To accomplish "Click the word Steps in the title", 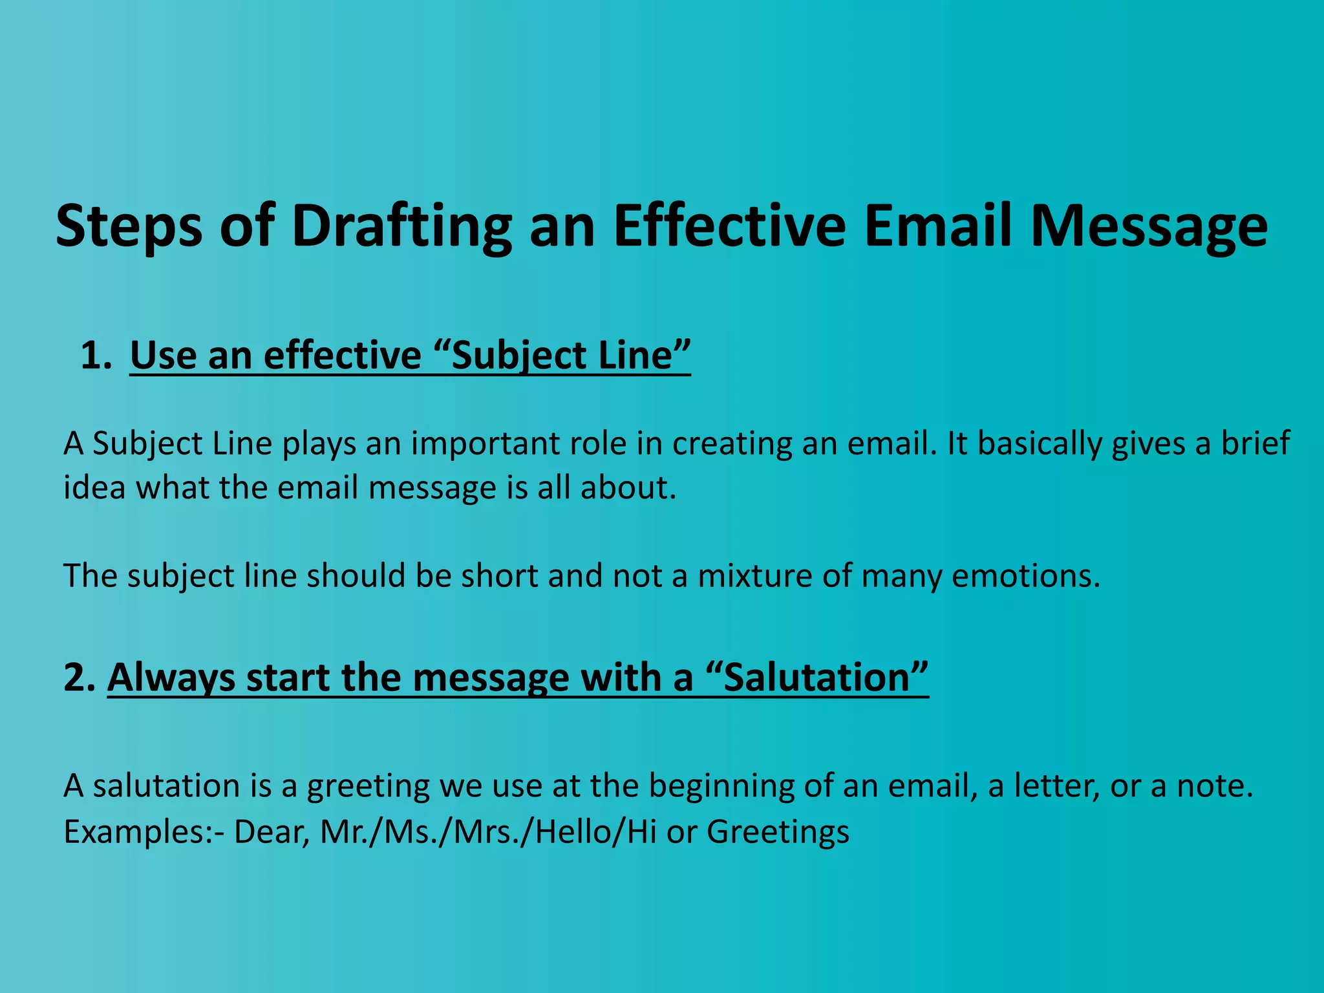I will (x=129, y=226).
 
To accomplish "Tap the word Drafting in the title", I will (x=401, y=226).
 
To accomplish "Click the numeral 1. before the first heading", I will (x=96, y=356).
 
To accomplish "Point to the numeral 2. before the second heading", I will (x=80, y=678).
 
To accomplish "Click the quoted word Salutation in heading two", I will (x=817, y=678).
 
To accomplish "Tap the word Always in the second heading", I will (x=171, y=678).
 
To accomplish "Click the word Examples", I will (x=135, y=832).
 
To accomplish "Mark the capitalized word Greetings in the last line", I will (x=778, y=832).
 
